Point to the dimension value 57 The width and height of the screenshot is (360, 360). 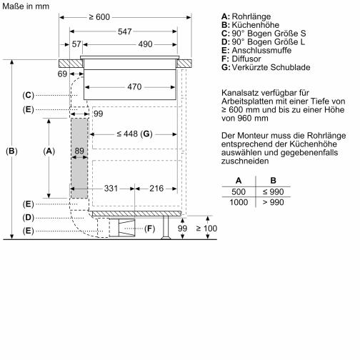pyautogui.click(x=77, y=44)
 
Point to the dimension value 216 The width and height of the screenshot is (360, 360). pyautogui.click(x=157, y=188)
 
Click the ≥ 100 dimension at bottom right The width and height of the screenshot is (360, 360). pyautogui.click(x=206, y=228)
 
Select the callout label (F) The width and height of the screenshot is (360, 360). pyautogui.click(x=150, y=229)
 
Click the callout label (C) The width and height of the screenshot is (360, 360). pyautogui.click(x=28, y=94)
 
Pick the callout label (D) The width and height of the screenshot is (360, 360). pyautogui.click(x=28, y=216)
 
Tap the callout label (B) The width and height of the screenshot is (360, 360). pyautogui.click(x=11, y=151)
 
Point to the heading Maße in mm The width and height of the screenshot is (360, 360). pyautogui.click(x=26, y=6)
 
